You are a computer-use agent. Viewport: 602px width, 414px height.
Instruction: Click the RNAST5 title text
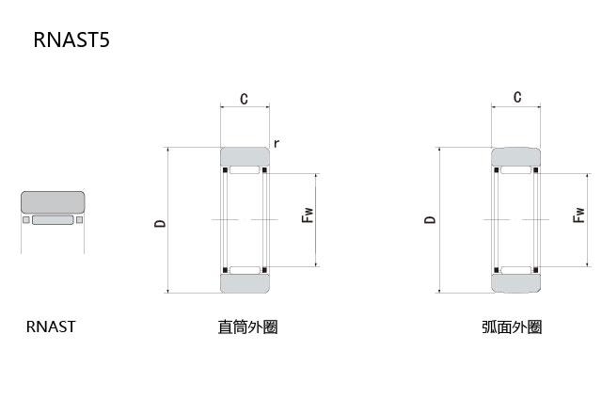coord(71,40)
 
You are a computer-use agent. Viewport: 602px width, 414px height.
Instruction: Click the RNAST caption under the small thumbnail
coord(50,326)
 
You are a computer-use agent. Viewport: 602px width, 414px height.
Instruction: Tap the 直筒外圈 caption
coord(247,327)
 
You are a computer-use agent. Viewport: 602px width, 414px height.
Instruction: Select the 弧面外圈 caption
coord(512,327)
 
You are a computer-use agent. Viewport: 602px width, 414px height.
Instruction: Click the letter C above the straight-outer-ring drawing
coord(245,99)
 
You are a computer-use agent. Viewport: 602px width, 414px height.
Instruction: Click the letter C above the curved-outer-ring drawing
coord(517,97)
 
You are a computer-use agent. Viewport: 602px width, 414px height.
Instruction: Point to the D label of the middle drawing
coord(160,223)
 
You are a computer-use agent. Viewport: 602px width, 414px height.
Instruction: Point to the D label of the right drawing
coord(431,219)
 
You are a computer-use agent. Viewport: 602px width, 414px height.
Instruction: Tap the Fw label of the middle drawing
coord(308,215)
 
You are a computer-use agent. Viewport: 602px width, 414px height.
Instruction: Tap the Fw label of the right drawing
coord(578,215)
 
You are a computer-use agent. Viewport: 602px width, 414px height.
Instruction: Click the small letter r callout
coord(277,143)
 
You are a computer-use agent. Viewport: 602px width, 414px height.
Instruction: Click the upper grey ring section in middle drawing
coord(245,157)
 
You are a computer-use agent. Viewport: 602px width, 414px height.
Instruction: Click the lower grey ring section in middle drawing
coord(245,283)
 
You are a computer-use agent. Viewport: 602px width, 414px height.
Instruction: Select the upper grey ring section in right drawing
coord(516,157)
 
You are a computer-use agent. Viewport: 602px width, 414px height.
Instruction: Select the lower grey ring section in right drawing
coord(516,283)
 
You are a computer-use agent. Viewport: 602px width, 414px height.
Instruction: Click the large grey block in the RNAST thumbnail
coord(53,202)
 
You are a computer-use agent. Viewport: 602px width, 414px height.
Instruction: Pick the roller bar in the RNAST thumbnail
coord(53,219)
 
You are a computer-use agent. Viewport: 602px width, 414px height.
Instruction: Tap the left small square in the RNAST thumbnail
coord(26,219)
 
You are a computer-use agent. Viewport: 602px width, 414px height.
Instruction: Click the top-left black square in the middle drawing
coord(226,169)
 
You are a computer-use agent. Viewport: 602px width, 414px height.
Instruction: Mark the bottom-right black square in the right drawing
coord(536,270)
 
